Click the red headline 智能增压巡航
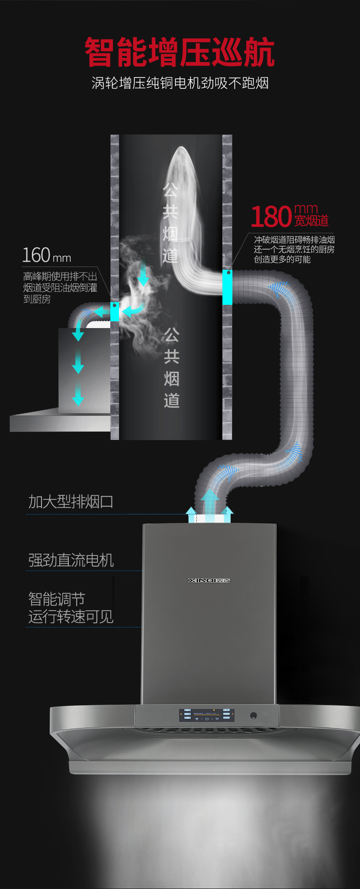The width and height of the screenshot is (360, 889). click(x=180, y=52)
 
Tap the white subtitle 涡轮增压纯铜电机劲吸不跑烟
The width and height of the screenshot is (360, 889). click(x=180, y=83)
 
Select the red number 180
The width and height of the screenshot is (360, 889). click(x=271, y=216)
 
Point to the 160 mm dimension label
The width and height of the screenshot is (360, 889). click(x=47, y=255)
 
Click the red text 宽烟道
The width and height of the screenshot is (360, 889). click(x=311, y=221)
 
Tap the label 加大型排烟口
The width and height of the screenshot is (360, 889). click(x=71, y=502)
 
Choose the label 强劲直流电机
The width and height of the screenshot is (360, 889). click(x=71, y=560)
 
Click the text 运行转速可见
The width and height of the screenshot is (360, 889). click(x=71, y=617)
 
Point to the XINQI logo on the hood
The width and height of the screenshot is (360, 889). click(x=209, y=580)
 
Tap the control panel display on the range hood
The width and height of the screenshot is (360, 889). click(x=206, y=715)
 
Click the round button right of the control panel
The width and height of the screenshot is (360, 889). click(x=253, y=715)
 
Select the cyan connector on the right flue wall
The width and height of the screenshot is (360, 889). click(x=227, y=287)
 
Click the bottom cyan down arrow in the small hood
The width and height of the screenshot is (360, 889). click(x=78, y=394)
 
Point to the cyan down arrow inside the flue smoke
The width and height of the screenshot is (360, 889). click(x=144, y=273)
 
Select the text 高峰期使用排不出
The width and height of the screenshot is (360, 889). click(x=60, y=277)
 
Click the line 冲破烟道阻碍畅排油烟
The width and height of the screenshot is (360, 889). click(x=294, y=240)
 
